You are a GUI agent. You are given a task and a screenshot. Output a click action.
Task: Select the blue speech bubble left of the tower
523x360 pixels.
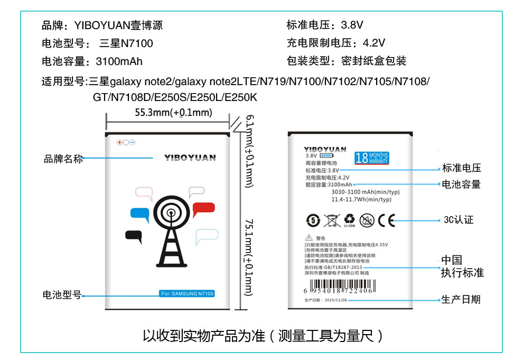[140, 214]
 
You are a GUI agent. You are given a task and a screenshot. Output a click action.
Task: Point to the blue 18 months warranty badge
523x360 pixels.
[372, 158]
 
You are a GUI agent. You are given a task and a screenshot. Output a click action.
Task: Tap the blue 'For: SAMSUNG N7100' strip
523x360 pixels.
[186, 294]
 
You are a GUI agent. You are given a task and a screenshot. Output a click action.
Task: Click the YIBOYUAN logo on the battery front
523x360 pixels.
[190, 158]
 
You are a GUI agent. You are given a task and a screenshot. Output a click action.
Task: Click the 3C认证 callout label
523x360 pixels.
[459, 220]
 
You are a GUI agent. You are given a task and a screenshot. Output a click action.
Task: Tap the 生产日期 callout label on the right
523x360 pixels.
[461, 300]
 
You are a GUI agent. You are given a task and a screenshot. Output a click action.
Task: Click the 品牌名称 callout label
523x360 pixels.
[63, 159]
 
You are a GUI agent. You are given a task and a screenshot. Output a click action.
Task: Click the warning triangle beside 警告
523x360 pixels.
[309, 238]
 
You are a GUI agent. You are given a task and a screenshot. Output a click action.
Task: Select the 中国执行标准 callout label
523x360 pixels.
[462, 266]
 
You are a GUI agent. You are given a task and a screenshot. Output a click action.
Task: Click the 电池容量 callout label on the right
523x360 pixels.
[461, 184]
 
